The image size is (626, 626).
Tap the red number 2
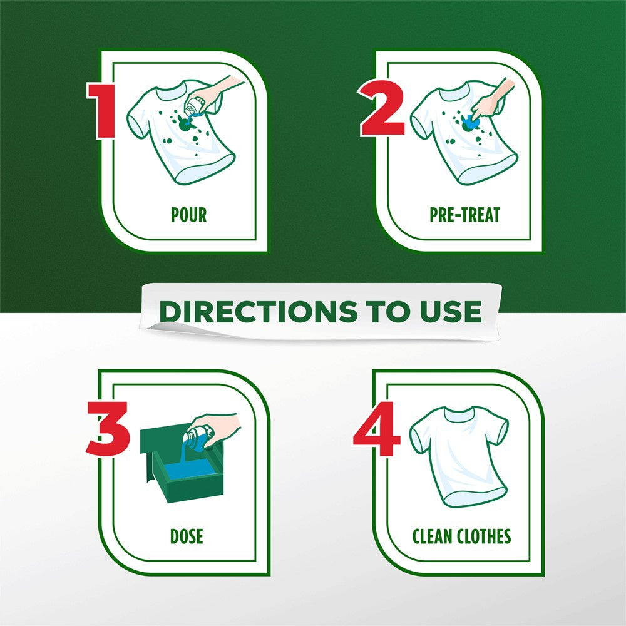click(x=382, y=108)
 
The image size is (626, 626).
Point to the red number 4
click(x=377, y=429)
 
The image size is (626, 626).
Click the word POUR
click(x=189, y=215)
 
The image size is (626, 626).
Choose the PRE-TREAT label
click(x=464, y=215)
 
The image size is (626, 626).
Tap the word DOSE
click(x=187, y=536)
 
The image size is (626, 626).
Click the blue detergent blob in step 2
click(x=470, y=123)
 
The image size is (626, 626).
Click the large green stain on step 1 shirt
click(x=185, y=124)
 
